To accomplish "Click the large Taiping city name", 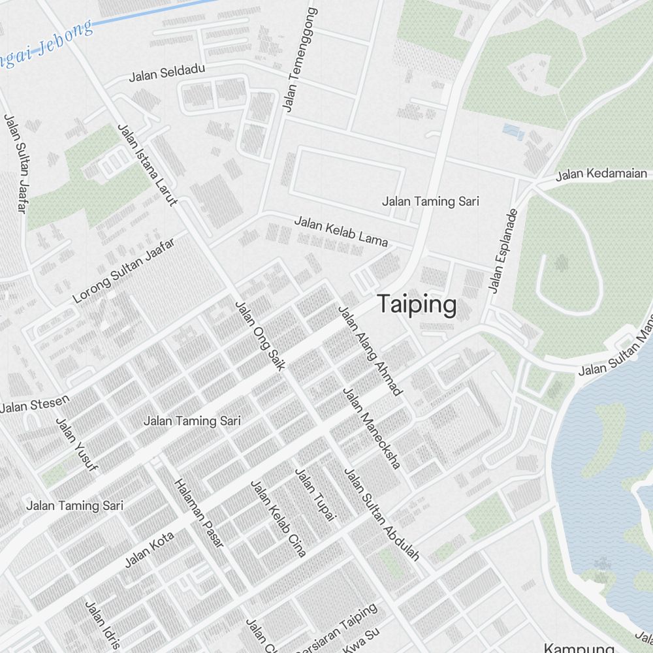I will (x=417, y=305).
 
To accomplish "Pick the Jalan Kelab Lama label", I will (x=341, y=232).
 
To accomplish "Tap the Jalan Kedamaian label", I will (x=601, y=174).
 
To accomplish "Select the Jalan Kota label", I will (x=150, y=550).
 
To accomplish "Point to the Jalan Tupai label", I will (x=315, y=495).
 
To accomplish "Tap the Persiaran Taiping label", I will (x=336, y=628).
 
